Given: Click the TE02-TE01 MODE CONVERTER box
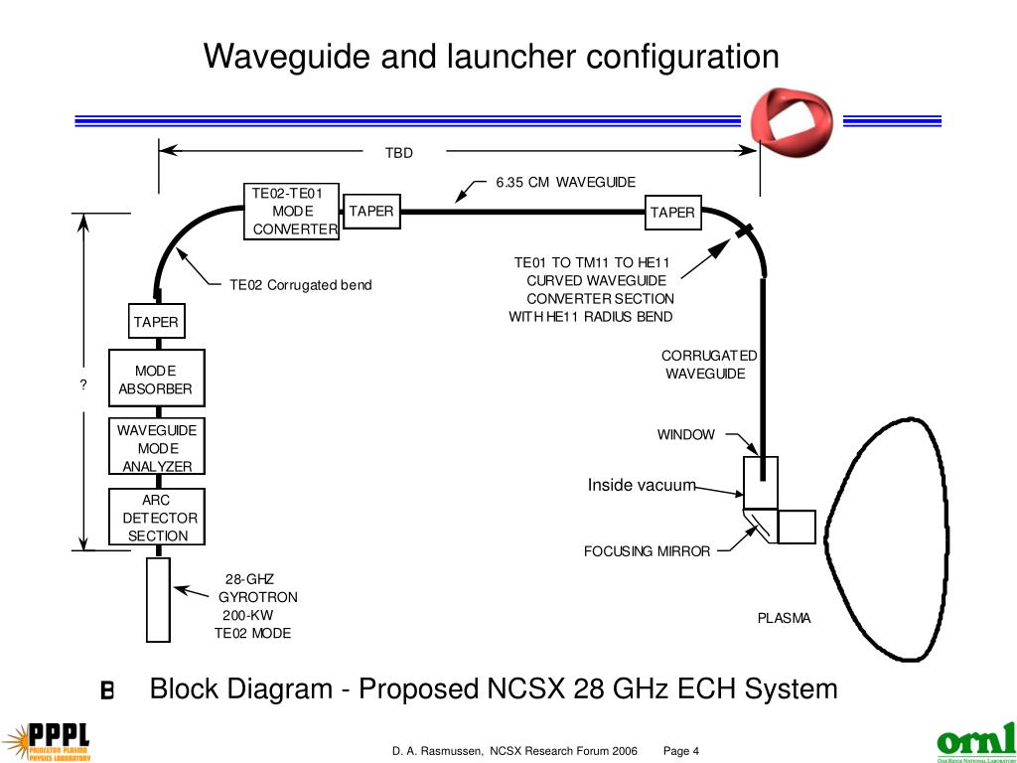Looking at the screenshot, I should coord(293,212).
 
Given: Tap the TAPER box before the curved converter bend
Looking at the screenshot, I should coord(673,213).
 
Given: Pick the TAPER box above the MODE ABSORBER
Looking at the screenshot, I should coord(156,322).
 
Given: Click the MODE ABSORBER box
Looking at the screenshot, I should coord(156,379).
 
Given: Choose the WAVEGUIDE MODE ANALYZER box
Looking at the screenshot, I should coord(157,447).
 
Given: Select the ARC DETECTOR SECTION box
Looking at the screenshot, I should coord(157,518).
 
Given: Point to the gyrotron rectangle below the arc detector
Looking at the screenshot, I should coord(158,599).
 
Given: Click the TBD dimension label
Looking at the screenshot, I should coord(398,153).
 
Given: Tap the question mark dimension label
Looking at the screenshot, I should coord(84,385).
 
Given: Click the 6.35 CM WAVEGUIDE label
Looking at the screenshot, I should coord(565,182).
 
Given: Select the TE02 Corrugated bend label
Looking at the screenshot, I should coord(300,285).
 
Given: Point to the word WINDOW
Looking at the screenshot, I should coord(685,435).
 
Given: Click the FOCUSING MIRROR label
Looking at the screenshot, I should coord(647,551).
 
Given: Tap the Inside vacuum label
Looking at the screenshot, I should coord(642,486).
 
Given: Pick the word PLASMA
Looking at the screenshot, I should coord(784,618).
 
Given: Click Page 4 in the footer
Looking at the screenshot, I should coord(681,751).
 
